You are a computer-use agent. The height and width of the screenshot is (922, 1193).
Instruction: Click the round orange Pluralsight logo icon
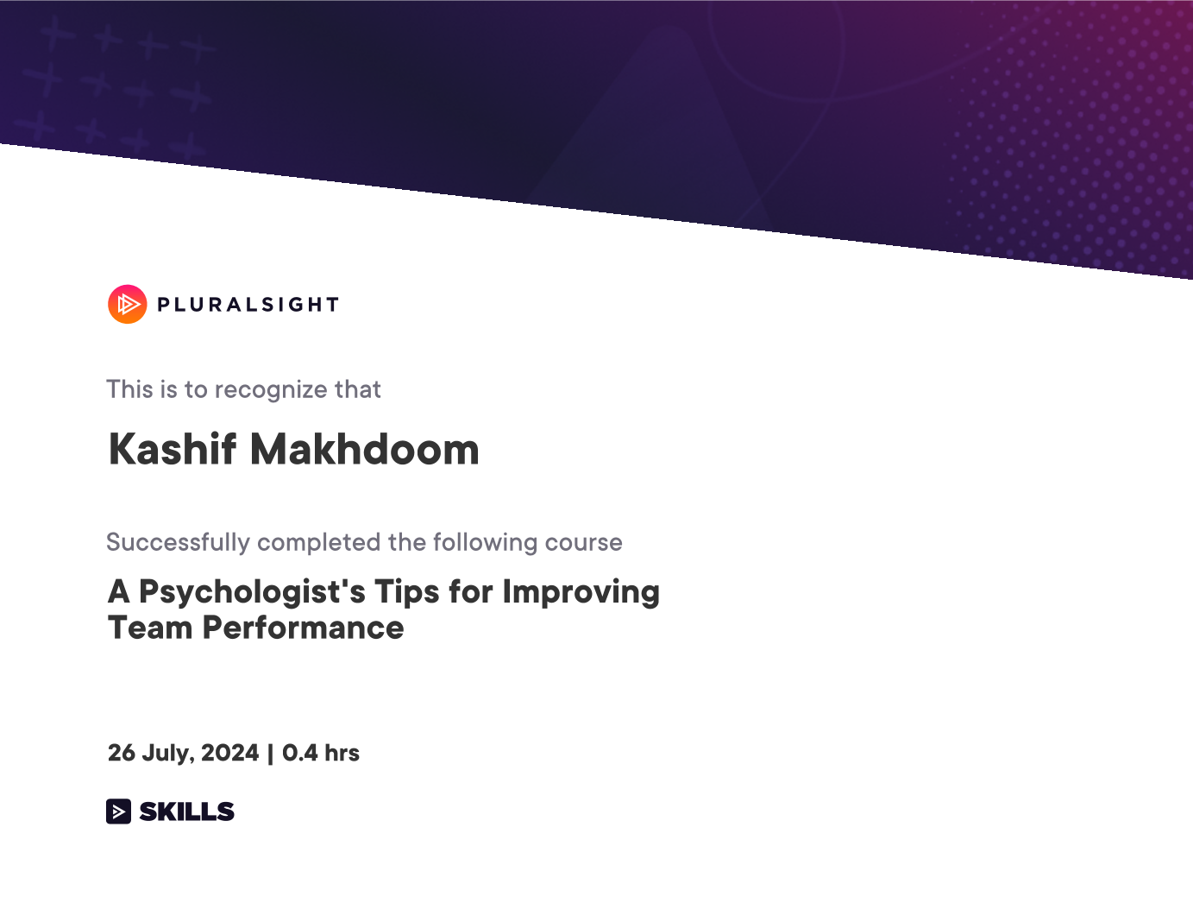point(128,304)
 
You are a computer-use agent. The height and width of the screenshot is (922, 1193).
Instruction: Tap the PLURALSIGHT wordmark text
point(248,305)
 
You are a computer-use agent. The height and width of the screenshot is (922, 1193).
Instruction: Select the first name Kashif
point(172,449)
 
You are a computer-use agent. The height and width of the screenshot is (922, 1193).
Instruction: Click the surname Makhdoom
point(365,449)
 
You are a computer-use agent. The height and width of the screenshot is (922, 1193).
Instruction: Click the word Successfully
point(178,543)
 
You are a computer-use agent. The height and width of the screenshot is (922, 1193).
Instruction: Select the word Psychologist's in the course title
point(252,593)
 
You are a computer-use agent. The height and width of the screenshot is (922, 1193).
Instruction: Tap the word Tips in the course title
point(407,593)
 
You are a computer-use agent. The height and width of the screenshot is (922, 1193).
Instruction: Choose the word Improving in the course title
point(581,593)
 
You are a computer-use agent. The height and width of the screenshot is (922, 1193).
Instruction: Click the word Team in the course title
point(150,628)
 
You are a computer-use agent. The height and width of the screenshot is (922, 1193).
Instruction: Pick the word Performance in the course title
point(303,628)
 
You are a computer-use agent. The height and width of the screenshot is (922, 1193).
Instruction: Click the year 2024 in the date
point(229,753)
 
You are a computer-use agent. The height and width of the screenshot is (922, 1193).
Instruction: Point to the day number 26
point(122,753)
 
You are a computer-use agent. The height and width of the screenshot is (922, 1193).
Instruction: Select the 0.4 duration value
point(300,753)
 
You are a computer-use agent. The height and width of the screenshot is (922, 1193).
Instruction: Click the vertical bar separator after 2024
point(270,754)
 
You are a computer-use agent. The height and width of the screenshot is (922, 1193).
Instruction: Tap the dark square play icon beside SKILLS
point(118,811)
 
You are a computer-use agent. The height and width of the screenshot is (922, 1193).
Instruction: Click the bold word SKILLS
point(186,811)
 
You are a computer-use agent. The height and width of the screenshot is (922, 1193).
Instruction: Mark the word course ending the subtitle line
point(584,543)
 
